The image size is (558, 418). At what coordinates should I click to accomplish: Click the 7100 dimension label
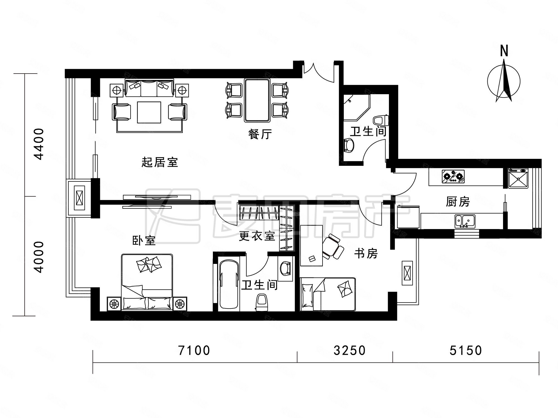click(194, 350)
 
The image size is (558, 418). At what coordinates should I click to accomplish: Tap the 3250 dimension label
click(349, 350)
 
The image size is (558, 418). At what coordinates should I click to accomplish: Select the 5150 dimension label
click(466, 350)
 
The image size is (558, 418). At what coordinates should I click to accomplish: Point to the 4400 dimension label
click(39, 144)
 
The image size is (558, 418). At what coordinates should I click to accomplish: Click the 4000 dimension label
click(39, 257)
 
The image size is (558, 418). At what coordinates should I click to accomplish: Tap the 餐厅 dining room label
click(260, 134)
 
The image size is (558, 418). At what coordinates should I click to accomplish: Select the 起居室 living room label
click(160, 162)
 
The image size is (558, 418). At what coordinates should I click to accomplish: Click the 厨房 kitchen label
click(458, 202)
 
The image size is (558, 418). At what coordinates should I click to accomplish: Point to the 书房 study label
click(366, 254)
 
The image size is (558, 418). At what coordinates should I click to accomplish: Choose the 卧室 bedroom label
click(144, 240)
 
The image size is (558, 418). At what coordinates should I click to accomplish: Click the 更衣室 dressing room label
click(257, 236)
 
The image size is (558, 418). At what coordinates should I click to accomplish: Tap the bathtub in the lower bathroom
click(229, 284)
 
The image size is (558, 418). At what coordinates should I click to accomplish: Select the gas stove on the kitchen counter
click(454, 176)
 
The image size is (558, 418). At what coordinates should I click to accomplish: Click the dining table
click(257, 100)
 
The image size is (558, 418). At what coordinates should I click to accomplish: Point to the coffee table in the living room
click(149, 112)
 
